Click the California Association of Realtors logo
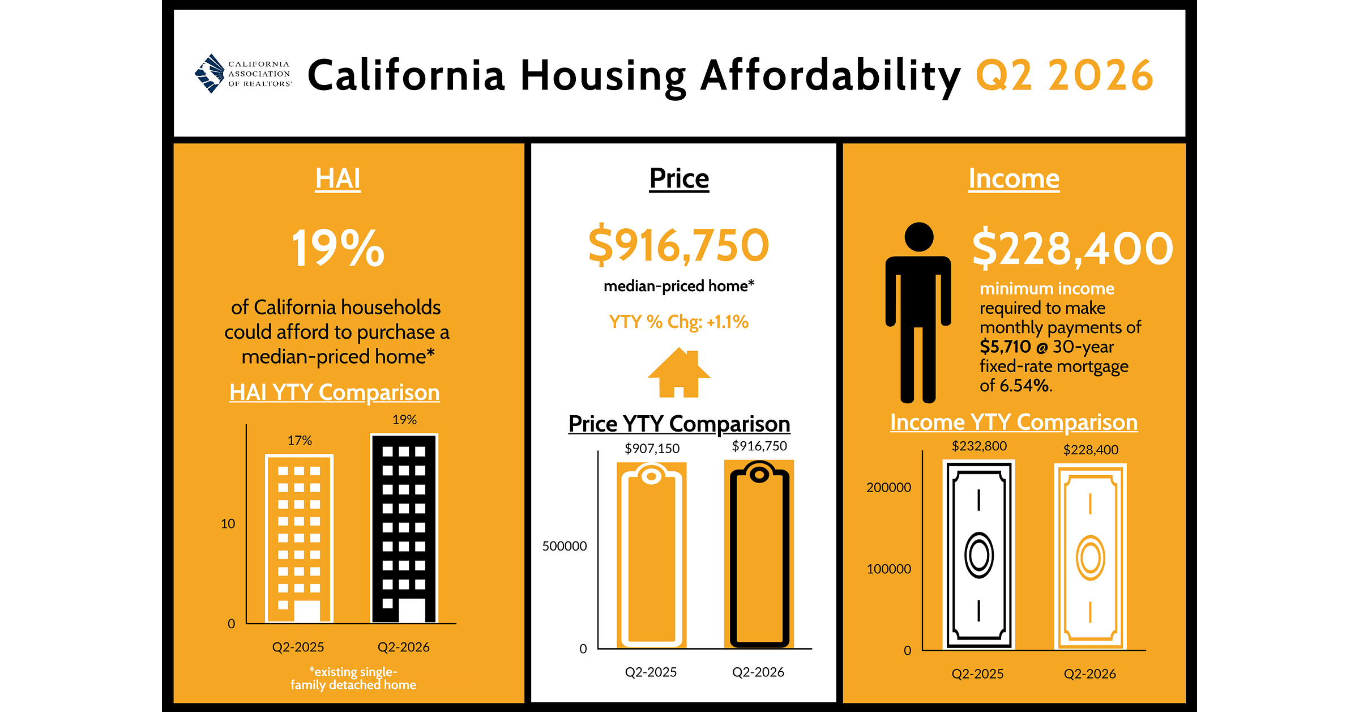(243, 74)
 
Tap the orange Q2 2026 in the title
(1065, 75)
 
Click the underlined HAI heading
(338, 179)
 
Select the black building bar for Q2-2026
(404, 528)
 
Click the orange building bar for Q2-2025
(299, 539)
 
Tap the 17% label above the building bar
(300, 440)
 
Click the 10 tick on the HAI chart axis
(228, 523)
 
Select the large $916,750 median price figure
(679, 245)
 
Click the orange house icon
(679, 373)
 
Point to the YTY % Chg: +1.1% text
(679, 322)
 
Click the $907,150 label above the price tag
(652, 449)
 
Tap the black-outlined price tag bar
(759, 553)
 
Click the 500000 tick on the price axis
(565, 546)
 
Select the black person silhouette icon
(918, 313)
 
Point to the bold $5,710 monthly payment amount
(1006, 347)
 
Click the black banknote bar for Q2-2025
(979, 555)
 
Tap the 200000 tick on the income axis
(889, 487)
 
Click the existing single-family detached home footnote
(353, 678)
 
